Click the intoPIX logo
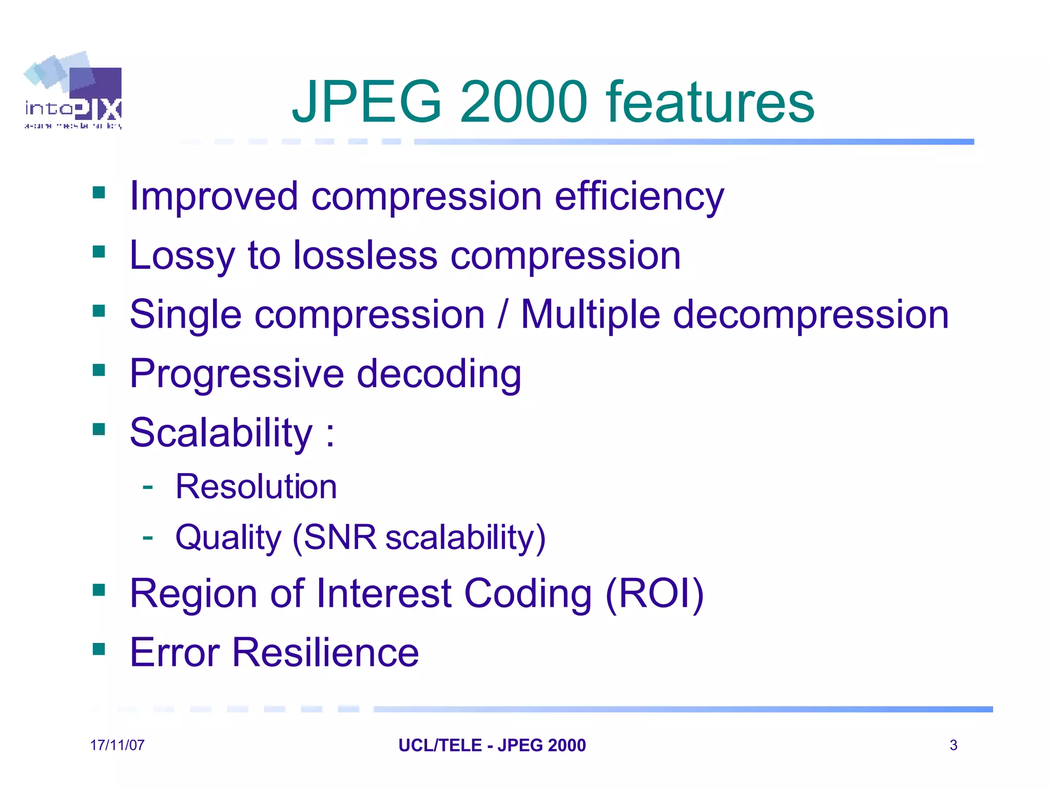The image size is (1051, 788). click(x=73, y=91)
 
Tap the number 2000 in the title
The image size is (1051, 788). click(x=523, y=103)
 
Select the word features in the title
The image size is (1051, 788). click(x=710, y=103)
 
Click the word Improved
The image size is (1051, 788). click(x=213, y=196)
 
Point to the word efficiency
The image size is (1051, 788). click(x=639, y=196)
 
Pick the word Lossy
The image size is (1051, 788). click(x=182, y=255)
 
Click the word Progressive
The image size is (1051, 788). click(x=237, y=374)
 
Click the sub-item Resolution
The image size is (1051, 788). click(x=256, y=487)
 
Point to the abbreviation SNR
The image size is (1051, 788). click(x=340, y=538)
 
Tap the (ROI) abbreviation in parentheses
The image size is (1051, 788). click(x=655, y=594)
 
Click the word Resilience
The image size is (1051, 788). click(x=325, y=653)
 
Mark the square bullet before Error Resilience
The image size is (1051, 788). click(x=99, y=649)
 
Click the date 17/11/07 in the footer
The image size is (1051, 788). click(x=118, y=745)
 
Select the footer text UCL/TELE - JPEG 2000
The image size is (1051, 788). click(x=492, y=745)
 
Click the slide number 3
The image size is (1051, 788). click(x=953, y=745)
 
